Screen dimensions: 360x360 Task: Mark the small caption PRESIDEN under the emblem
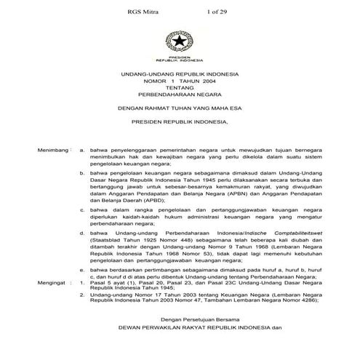(179, 55)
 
